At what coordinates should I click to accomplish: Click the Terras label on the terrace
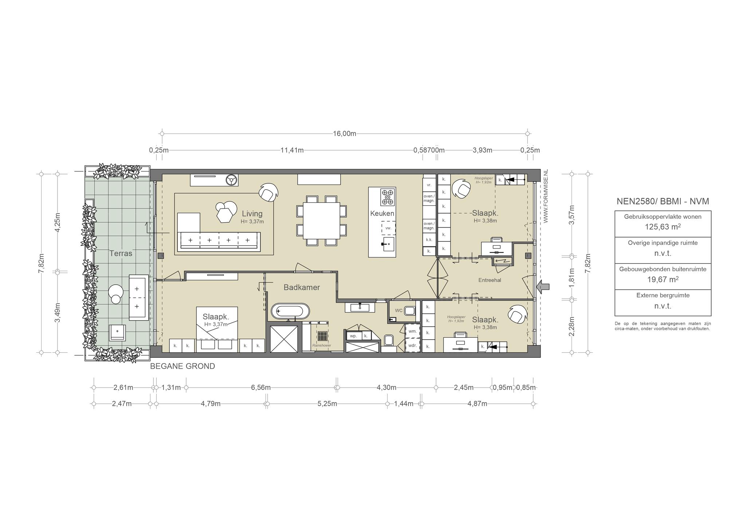tap(121, 253)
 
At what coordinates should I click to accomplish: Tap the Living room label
tap(252, 214)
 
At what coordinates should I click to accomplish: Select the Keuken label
tap(382, 213)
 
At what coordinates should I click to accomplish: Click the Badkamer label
tap(302, 288)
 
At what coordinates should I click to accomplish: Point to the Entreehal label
tap(490, 280)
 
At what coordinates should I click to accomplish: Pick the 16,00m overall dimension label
tap(345, 134)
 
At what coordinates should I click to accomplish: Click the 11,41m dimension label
tap(292, 150)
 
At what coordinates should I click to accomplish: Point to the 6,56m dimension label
tap(261, 387)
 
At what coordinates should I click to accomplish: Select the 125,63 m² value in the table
tap(663, 227)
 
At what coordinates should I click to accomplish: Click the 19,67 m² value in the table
tap(663, 279)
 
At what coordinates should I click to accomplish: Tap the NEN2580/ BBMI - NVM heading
tap(663, 201)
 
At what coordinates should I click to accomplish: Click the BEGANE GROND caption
tap(182, 366)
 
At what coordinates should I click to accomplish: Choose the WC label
tap(399, 310)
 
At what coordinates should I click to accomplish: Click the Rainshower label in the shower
tap(322, 345)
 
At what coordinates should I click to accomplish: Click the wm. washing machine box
tap(413, 331)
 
